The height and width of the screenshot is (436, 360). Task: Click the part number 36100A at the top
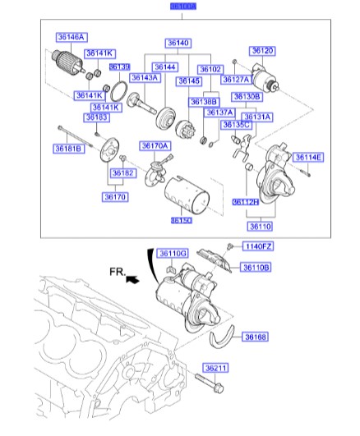pyautogui.click(x=183, y=7)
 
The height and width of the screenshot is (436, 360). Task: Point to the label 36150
pyautogui.click(x=182, y=220)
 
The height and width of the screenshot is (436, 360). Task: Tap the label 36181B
pyautogui.click(x=69, y=149)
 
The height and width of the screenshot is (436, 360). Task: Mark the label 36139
pyautogui.click(x=119, y=67)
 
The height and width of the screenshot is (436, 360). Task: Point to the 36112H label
pyautogui.click(x=244, y=201)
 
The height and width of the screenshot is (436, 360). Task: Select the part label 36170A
pyautogui.click(x=154, y=145)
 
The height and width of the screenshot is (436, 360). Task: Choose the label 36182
pyautogui.click(x=122, y=173)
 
